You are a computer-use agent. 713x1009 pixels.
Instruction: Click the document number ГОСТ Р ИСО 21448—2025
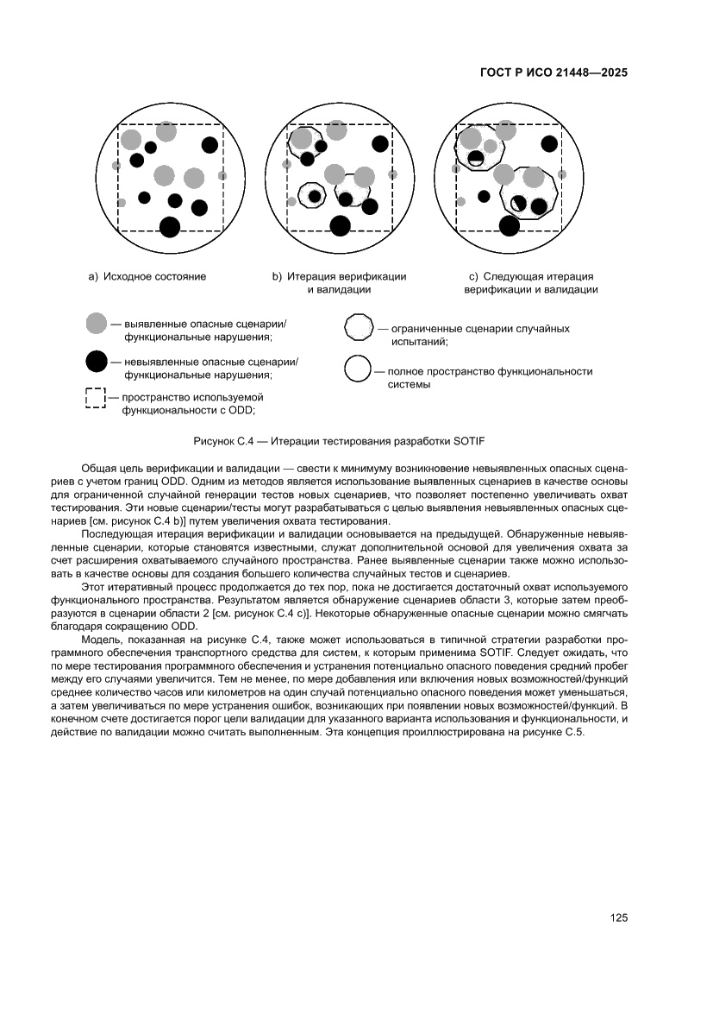(553, 73)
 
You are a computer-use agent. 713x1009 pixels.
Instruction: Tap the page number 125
(618, 917)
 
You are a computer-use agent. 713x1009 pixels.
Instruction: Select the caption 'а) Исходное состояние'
(147, 277)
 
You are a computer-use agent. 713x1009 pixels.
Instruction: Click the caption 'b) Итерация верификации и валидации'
(340, 283)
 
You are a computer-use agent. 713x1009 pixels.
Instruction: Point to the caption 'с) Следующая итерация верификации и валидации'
(530, 283)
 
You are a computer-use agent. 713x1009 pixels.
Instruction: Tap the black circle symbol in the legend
(97, 363)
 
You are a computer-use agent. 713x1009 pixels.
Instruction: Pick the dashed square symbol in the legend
(94, 399)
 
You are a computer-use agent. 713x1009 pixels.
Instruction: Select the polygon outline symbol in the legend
(359, 329)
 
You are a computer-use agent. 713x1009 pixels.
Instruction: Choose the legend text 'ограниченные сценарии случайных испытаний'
(479, 335)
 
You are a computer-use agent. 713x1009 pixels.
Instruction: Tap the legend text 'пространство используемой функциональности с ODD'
(192, 404)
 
